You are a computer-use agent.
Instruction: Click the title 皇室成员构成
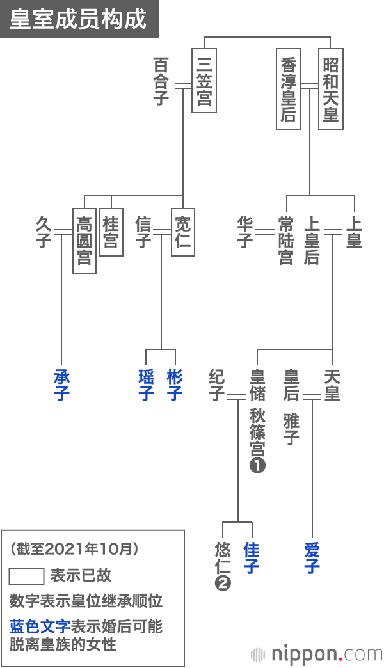tap(78, 19)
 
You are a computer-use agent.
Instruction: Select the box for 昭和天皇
tap(330, 88)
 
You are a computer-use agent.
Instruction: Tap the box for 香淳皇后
tap(289, 88)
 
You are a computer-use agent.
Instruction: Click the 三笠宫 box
tap(204, 80)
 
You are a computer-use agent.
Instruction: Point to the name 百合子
tap(162, 81)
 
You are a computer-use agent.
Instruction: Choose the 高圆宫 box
tap(84, 241)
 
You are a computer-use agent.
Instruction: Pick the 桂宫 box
tap(111, 232)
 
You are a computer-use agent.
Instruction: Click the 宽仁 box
tap(182, 232)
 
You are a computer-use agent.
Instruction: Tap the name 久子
tap(43, 232)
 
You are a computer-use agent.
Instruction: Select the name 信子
tap(143, 232)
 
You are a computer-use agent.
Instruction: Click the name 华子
tap(244, 232)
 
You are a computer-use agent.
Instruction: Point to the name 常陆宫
tap(286, 241)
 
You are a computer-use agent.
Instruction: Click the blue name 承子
tap(61, 385)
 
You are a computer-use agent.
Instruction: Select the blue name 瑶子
tap(147, 385)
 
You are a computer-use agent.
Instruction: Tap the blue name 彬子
tap(175, 385)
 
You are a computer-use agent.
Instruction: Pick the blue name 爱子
tap(312, 558)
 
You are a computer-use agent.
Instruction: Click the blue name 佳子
tap(252, 558)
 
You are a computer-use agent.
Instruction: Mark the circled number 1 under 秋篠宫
tap(257, 466)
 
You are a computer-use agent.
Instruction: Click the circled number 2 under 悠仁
tap(223, 583)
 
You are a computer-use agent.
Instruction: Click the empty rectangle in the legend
tap(26, 576)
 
